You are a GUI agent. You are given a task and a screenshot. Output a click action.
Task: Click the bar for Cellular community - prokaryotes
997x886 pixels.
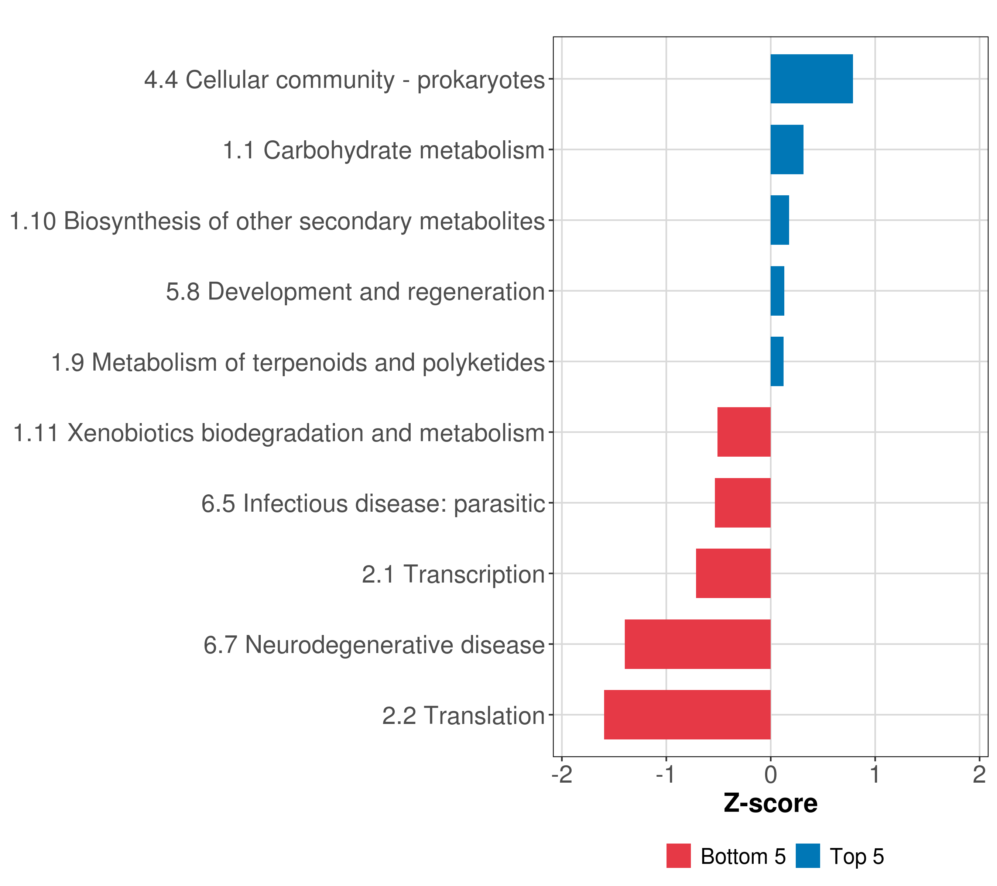[x=812, y=79]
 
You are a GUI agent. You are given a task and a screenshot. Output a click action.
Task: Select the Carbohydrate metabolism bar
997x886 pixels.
[x=787, y=150]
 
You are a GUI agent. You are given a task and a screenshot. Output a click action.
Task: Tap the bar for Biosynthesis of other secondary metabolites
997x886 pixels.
[x=780, y=220]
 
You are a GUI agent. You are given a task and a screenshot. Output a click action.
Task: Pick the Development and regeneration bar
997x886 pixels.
[x=778, y=291]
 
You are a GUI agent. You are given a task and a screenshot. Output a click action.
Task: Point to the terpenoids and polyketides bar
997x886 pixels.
[x=777, y=361]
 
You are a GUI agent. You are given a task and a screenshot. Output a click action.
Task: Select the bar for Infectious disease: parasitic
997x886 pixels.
[x=743, y=503]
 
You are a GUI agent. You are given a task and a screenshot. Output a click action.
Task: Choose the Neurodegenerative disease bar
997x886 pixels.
[x=698, y=644]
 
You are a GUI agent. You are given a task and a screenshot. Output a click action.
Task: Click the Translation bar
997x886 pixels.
[x=687, y=715]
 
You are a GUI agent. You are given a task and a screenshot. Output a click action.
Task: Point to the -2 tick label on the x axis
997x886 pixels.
[x=562, y=775]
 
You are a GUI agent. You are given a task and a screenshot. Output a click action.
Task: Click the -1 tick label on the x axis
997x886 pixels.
[x=666, y=775]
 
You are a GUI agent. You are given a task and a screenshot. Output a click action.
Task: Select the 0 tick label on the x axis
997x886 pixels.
[x=771, y=775]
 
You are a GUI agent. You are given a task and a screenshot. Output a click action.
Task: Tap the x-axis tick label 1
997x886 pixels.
[x=875, y=775]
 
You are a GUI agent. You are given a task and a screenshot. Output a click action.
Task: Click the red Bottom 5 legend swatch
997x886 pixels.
[x=678, y=856]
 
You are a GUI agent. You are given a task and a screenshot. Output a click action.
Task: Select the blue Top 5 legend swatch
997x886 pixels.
[x=808, y=856]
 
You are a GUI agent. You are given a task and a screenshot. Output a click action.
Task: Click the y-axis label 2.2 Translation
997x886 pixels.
[x=463, y=716]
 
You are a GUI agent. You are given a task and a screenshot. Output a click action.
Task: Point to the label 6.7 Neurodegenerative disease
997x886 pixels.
[x=374, y=645]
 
